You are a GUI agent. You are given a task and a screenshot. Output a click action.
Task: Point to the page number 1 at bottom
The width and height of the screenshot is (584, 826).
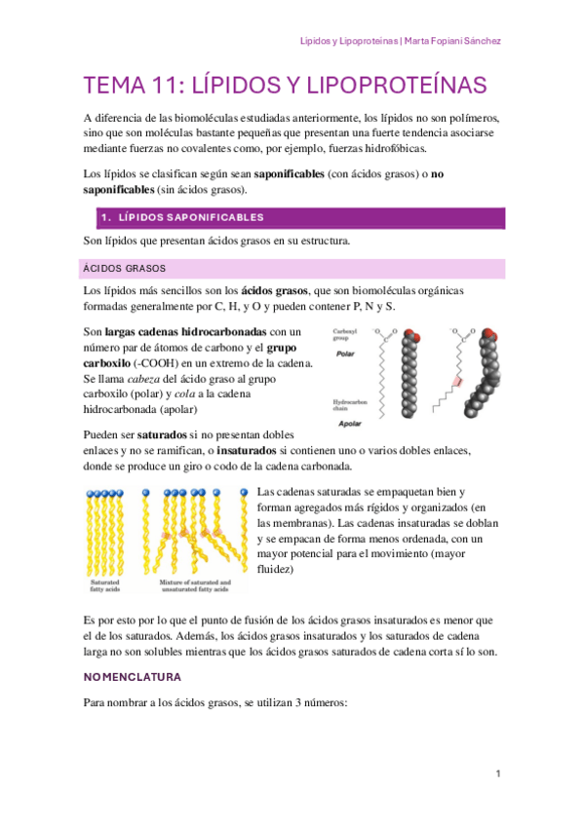click(497, 773)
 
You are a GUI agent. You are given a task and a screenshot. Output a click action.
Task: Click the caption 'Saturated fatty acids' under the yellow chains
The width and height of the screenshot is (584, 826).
click(105, 585)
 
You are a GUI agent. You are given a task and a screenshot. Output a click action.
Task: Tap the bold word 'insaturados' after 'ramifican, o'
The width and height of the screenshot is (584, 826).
click(251, 450)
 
